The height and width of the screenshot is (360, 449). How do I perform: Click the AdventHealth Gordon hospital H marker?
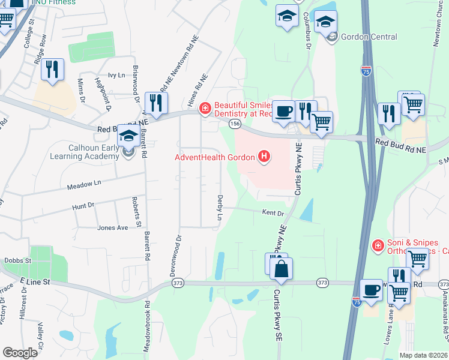pos(263,158)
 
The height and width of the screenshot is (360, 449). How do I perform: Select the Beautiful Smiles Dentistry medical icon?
pos(205,108)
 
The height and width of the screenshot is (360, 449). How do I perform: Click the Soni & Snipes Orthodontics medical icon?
pos(378,245)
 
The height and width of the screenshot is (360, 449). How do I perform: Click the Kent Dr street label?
pos(273,212)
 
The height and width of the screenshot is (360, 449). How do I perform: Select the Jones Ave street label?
pos(113,228)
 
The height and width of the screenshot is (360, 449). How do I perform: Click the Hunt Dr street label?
pos(83,206)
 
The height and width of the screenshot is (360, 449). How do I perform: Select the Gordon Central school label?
pos(369,37)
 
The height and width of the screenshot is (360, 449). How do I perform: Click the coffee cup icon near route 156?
pos(283,110)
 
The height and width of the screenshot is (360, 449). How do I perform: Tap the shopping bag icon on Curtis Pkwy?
pos(281,269)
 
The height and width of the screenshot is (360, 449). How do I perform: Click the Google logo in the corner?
pos(20,353)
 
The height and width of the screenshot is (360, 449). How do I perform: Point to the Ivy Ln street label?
pos(116,75)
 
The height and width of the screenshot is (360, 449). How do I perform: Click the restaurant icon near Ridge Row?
pos(52,70)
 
